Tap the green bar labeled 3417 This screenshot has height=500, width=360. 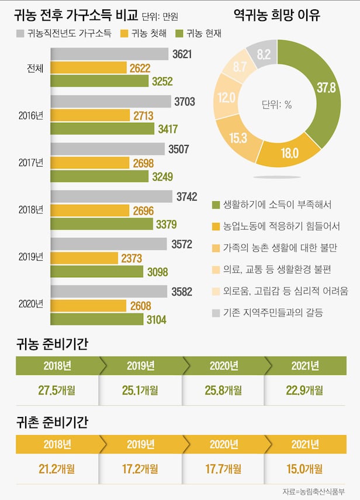click(x=102, y=129)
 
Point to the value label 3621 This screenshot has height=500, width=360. click(x=182, y=54)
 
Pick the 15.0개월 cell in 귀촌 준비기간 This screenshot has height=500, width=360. click(x=306, y=468)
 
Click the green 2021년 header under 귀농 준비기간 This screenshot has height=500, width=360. click(x=306, y=366)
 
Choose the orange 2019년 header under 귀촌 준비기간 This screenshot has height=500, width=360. click(x=140, y=444)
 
